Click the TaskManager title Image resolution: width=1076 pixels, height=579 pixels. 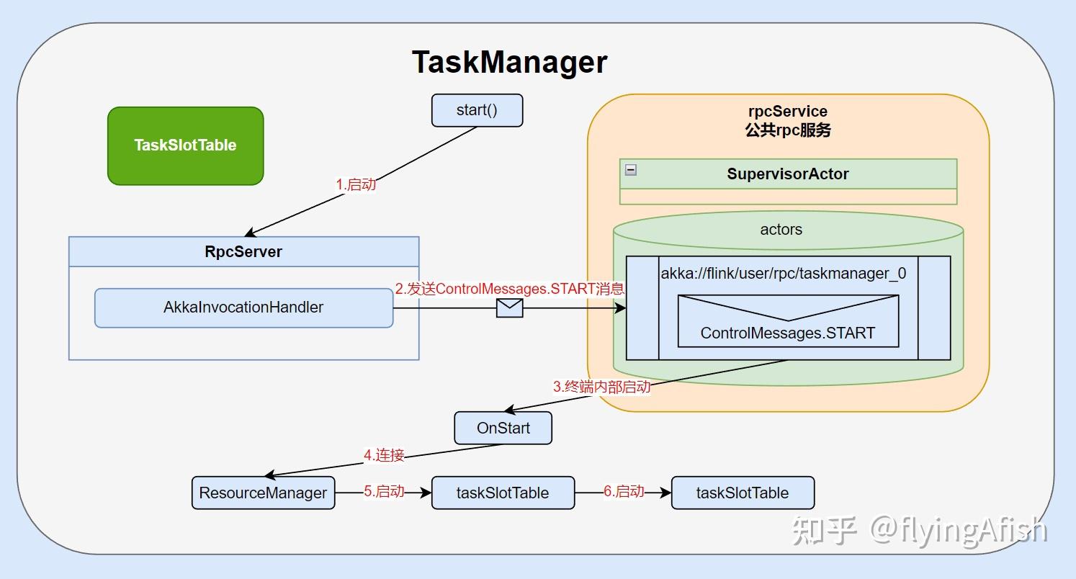[x=509, y=62]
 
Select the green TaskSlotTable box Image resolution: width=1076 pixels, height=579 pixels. [x=185, y=145]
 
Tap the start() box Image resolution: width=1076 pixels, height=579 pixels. [x=477, y=111]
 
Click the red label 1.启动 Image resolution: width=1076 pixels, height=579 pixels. [x=356, y=184]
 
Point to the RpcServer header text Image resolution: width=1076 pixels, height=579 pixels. [x=243, y=252]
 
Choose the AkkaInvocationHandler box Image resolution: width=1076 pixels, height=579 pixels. [x=243, y=308]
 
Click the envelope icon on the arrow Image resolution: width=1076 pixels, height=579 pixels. [x=509, y=308]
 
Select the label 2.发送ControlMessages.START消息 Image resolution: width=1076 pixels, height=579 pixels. [x=509, y=289]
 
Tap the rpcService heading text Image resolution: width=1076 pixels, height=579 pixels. [x=788, y=112]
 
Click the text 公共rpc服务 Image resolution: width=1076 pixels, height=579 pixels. [x=788, y=130]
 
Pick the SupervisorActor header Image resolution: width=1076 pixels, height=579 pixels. [x=788, y=174]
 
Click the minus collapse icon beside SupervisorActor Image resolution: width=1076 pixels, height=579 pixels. [x=631, y=170]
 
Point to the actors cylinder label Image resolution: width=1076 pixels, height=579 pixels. [x=781, y=230]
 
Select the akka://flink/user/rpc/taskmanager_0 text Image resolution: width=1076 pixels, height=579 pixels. [x=784, y=274]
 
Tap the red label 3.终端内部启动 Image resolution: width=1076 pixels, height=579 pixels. [x=601, y=387]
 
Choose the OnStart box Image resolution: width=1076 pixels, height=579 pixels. [x=503, y=428]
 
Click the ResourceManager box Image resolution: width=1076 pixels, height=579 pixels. [x=263, y=493]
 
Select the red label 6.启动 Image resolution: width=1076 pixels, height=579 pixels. [x=624, y=492]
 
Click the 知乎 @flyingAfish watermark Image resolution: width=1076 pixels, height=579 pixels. [x=919, y=531]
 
